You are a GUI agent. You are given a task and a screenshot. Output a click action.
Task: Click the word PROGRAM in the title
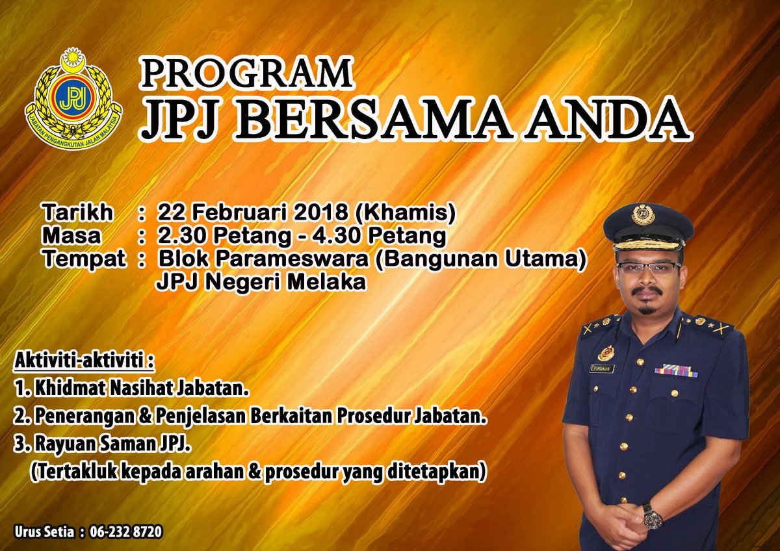click(x=248, y=73)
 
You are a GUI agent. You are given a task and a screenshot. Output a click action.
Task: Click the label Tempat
click(x=84, y=259)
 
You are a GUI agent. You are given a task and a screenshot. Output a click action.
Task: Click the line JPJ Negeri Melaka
click(x=260, y=282)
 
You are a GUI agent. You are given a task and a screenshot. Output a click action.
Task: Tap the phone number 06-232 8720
click(x=127, y=532)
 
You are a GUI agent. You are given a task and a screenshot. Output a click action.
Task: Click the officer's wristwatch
click(x=652, y=516)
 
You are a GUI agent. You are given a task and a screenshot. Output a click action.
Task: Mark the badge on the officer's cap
click(x=643, y=214)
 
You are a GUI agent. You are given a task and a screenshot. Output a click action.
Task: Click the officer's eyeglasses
click(x=649, y=268)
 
